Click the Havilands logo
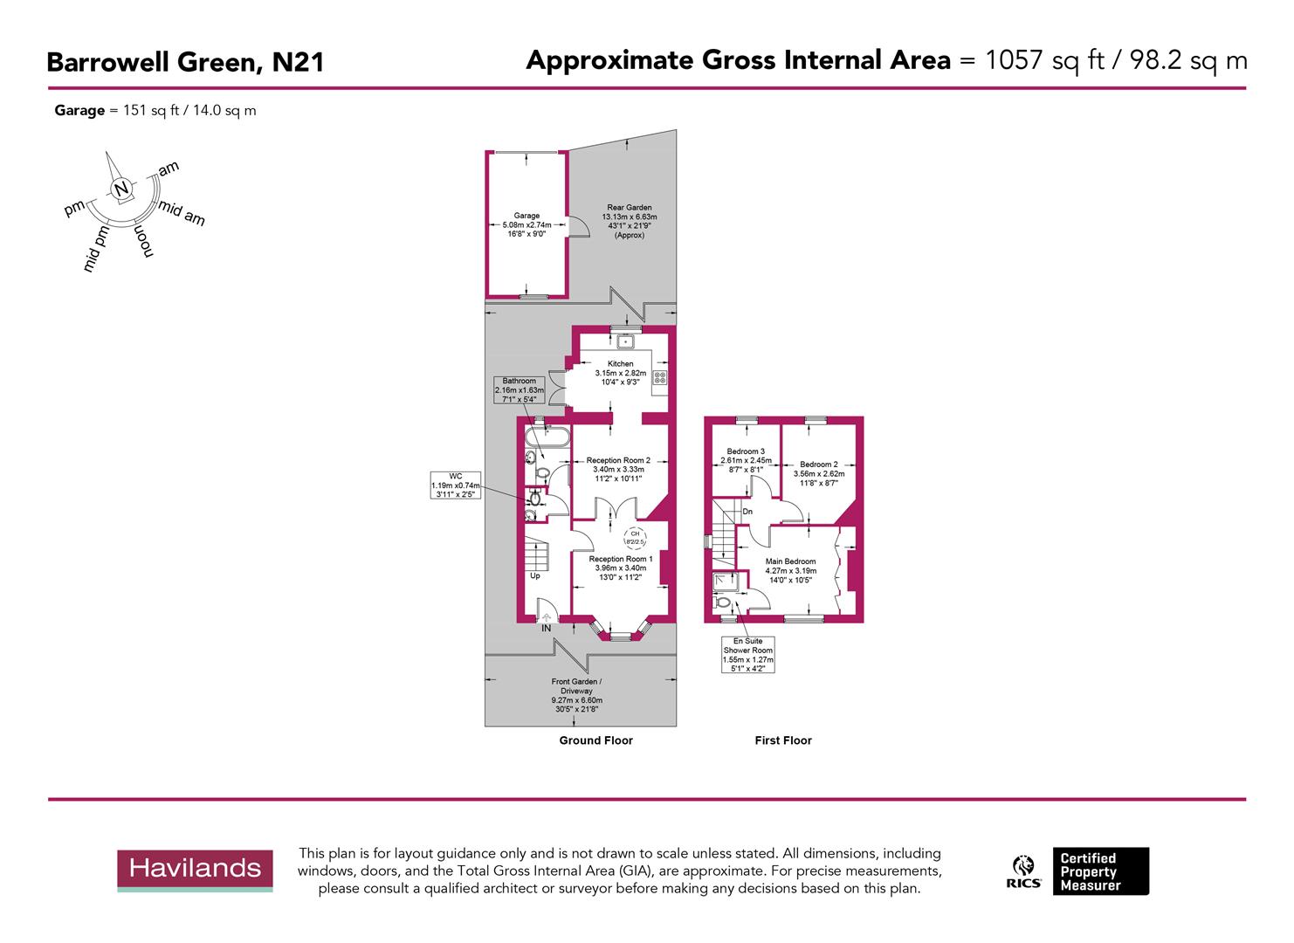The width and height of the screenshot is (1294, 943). (195, 870)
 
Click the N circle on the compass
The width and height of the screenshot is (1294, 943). (121, 189)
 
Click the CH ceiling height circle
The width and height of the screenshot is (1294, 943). (636, 537)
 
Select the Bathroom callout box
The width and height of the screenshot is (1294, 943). (519, 389)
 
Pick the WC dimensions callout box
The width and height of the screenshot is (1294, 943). (456, 485)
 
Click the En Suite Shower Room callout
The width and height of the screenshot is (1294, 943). (747, 655)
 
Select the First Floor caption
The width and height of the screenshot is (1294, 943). (783, 740)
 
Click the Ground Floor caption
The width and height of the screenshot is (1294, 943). (595, 740)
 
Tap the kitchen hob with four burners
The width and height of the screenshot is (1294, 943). (660, 378)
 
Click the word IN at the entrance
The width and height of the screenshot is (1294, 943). (547, 628)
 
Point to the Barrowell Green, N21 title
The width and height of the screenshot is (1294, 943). (185, 63)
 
